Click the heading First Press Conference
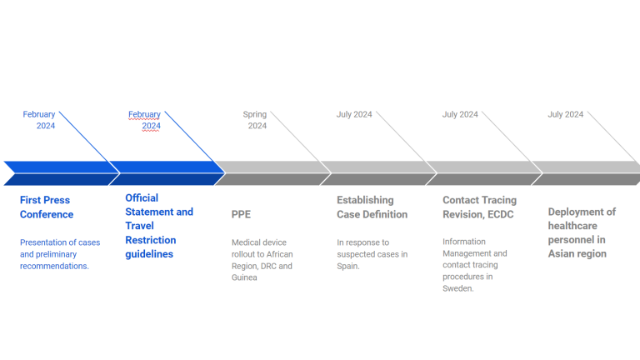pos(47,207)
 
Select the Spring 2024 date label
pos(255,120)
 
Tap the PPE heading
pos(241,214)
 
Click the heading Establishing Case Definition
pos(372,207)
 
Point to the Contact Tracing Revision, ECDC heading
pos(480,207)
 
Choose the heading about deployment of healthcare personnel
pos(582,232)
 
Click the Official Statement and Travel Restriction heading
pos(159,226)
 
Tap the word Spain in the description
pos(347,266)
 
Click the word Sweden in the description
pos(458,288)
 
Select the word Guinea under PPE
pos(244,277)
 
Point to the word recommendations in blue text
pos(54,266)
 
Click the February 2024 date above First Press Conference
pos(39,120)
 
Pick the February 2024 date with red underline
pos(144,120)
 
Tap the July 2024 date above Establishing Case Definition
pos(354,114)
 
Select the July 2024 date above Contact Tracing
pos(460,114)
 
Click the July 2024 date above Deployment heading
pos(565,114)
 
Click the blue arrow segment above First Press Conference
pos(62,173)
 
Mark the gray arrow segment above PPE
pos(272,173)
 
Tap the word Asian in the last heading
pos(562,253)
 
